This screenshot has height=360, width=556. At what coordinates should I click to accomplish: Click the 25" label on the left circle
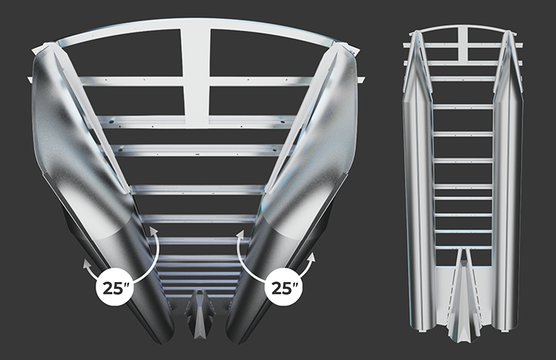(x=115, y=288)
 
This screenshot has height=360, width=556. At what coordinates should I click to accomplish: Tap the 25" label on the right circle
(x=283, y=288)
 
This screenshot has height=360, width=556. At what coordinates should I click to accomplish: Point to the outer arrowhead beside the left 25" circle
(x=86, y=264)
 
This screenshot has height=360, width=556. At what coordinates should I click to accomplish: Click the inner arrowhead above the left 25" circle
(x=154, y=232)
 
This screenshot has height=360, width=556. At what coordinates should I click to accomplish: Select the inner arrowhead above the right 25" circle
(x=241, y=234)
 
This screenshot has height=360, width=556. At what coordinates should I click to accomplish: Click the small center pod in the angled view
(x=200, y=313)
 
